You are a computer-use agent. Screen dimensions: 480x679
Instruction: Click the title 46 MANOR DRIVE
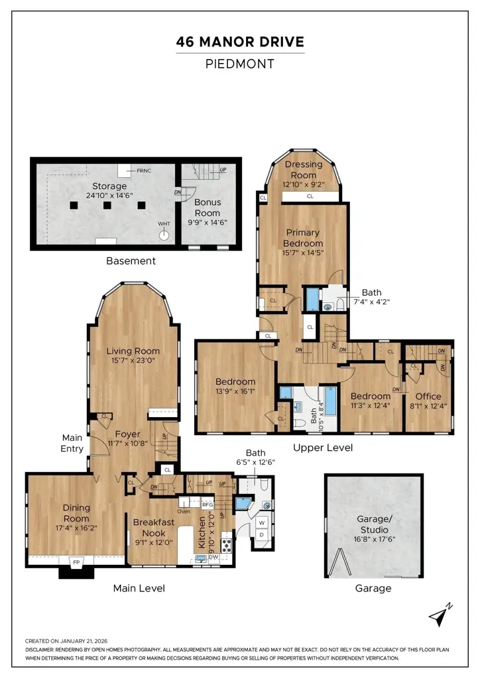tap(240, 42)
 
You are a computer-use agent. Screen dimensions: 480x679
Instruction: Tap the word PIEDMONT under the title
tap(240, 64)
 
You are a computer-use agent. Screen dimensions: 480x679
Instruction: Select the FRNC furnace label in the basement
tap(144, 170)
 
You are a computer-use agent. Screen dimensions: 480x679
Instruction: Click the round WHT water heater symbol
tap(164, 235)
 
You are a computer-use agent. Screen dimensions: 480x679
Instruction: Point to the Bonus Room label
tap(208, 208)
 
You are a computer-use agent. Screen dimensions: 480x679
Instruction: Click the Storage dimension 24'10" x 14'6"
tap(109, 196)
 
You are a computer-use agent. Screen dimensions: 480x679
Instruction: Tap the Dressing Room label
tap(304, 170)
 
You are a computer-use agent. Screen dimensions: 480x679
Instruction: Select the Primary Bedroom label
tap(303, 238)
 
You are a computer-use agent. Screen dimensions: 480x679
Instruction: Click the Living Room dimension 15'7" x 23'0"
tap(133, 360)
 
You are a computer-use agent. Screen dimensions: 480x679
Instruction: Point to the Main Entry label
tap(72, 443)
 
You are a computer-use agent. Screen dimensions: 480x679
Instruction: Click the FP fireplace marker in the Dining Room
tap(76, 562)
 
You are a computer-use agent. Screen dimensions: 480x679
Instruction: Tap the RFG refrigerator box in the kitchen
tap(208, 505)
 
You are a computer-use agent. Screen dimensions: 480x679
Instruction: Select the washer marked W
tap(262, 523)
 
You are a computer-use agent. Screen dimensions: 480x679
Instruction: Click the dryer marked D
tap(262, 534)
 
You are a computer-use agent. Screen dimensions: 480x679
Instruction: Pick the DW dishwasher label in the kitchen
tap(214, 557)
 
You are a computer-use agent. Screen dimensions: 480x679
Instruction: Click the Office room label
tap(428, 397)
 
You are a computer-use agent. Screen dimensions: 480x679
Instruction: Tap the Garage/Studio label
tap(375, 524)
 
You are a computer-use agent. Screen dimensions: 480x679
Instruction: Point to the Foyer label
tap(128, 434)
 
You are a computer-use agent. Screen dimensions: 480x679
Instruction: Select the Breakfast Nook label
tap(154, 527)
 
